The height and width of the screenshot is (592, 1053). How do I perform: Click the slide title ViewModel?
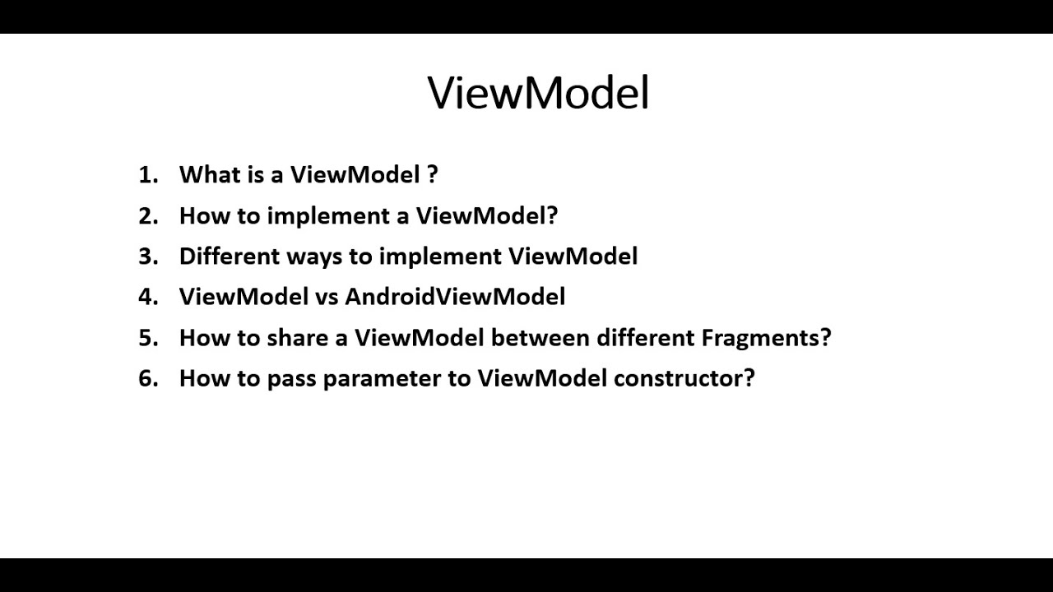(538, 92)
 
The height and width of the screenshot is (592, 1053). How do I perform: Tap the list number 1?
(146, 174)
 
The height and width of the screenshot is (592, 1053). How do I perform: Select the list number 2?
(146, 215)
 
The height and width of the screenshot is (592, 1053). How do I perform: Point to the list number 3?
(146, 256)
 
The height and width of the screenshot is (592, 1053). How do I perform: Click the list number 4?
(146, 296)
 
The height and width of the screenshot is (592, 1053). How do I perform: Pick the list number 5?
(146, 337)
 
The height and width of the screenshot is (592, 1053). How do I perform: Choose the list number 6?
(146, 378)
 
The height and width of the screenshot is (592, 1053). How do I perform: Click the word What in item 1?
(208, 174)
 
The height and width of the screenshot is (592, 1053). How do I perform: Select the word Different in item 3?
(229, 256)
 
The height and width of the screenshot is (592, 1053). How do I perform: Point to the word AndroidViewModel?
(454, 296)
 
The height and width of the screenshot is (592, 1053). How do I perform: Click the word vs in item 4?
(326, 297)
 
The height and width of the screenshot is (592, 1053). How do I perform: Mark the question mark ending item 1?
(432, 174)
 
